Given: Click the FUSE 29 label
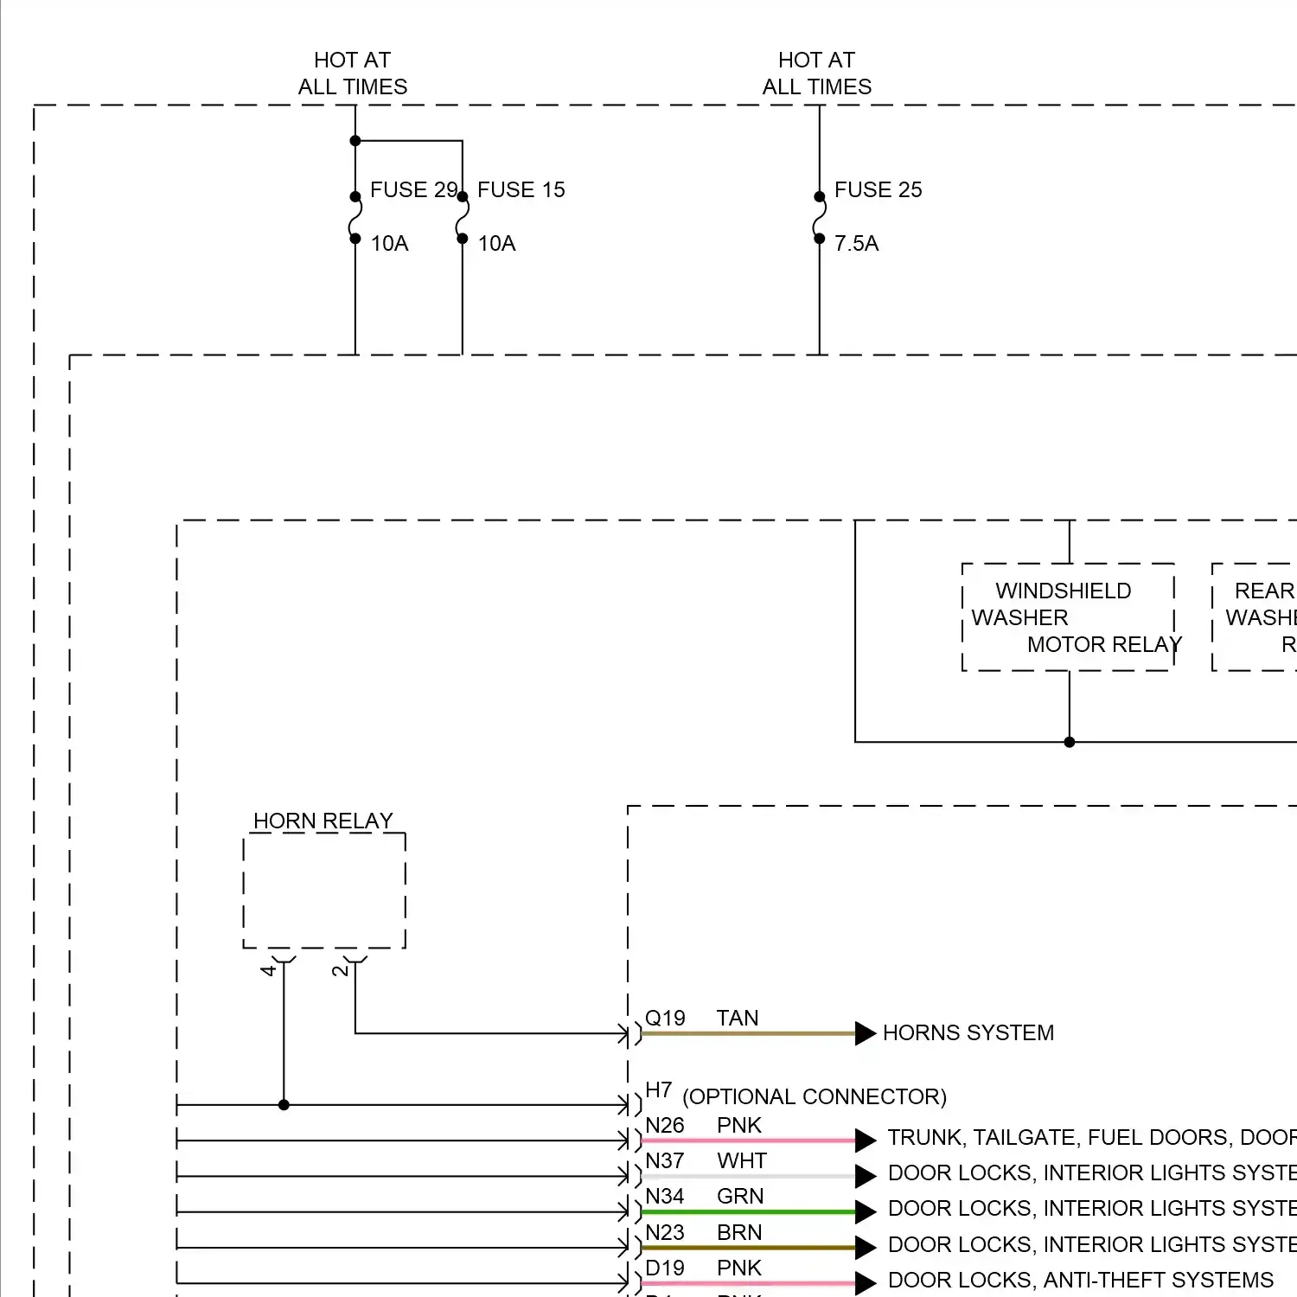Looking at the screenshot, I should (x=412, y=190).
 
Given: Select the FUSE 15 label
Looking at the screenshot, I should (x=521, y=190).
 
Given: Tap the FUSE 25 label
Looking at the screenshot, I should (x=878, y=190).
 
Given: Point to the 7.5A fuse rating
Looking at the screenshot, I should (x=856, y=244).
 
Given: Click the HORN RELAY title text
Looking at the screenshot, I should (x=323, y=821).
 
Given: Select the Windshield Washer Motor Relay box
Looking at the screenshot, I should (x=1069, y=617).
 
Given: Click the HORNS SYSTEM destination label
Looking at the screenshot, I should (x=968, y=1033).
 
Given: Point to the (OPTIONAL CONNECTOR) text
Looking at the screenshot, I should (x=814, y=1097).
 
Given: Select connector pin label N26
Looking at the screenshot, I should (x=664, y=1126).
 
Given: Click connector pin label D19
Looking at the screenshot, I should (x=664, y=1268).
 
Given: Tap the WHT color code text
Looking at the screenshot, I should (x=741, y=1161).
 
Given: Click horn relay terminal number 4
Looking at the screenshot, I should (x=268, y=971).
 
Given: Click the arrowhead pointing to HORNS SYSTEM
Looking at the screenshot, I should (x=865, y=1033).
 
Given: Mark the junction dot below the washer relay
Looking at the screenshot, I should (x=1070, y=742).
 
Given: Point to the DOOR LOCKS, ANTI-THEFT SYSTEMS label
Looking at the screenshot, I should (x=1080, y=1281).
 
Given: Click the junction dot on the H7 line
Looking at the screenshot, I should (x=284, y=1105).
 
